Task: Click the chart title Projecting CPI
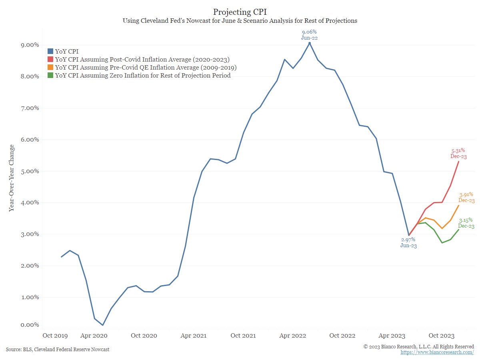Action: tap(240, 11)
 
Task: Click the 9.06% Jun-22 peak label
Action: tap(309, 34)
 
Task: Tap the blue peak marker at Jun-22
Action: tap(309, 43)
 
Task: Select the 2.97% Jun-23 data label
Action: tap(408, 242)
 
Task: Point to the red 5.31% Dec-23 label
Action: tap(458, 154)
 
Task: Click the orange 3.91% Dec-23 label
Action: tap(466, 197)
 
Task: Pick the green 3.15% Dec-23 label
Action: tap(466, 223)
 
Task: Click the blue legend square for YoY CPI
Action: tap(50, 51)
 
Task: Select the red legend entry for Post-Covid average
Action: tap(142, 59)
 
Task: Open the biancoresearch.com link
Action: tap(437, 352)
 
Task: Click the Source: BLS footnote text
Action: tap(58, 350)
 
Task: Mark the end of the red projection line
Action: tap(458, 161)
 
